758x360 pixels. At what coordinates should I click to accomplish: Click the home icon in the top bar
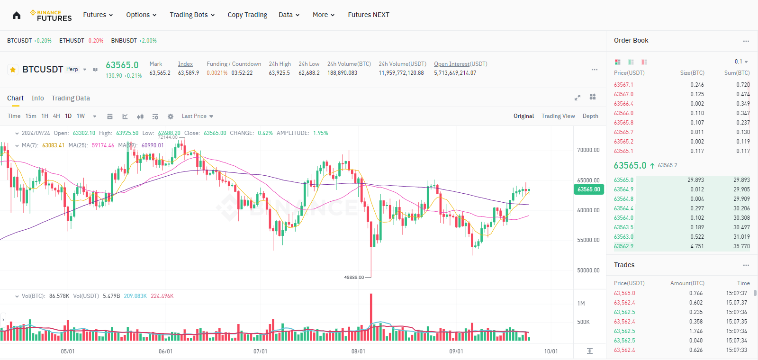click(x=17, y=15)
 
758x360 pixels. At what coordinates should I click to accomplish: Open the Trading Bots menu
click(x=192, y=15)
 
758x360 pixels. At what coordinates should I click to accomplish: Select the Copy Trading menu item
click(x=247, y=15)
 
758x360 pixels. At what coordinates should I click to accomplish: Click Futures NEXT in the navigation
click(x=369, y=15)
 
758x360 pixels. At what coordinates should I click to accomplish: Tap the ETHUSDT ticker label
click(x=72, y=41)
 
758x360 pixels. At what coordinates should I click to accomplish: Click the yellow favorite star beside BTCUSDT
click(x=13, y=70)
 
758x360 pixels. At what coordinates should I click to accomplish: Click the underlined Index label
click(x=185, y=64)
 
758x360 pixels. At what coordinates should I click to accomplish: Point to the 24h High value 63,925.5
click(x=279, y=73)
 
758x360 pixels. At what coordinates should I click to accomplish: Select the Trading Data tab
click(x=71, y=98)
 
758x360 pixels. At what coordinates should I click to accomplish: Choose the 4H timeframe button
click(x=56, y=116)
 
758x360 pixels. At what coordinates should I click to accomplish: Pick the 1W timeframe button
click(x=81, y=116)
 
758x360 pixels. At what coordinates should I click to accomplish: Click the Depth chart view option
click(x=590, y=116)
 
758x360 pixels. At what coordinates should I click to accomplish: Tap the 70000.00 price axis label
click(x=588, y=150)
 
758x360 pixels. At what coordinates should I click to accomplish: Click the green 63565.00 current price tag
click(x=588, y=189)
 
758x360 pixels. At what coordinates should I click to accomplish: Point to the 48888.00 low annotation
click(x=354, y=278)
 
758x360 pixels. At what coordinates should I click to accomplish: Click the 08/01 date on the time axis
click(x=358, y=351)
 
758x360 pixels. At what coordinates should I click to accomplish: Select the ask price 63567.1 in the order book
click(x=623, y=85)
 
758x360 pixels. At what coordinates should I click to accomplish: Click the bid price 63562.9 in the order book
click(x=623, y=246)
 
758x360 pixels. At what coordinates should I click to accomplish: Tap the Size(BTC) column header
click(x=692, y=73)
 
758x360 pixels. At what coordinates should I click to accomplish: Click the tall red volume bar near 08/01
click(x=371, y=313)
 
